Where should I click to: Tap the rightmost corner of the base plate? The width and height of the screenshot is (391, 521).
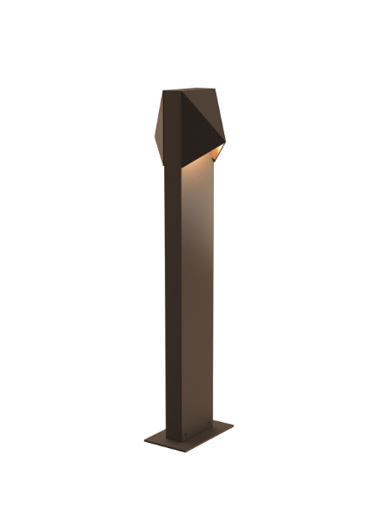pos(233,425)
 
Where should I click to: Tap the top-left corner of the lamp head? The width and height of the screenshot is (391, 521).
pos(164,89)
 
